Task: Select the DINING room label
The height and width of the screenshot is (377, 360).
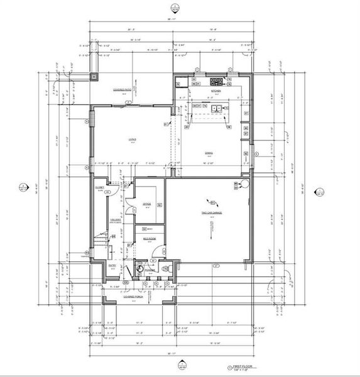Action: (x=209, y=151)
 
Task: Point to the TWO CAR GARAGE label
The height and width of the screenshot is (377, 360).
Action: (x=209, y=213)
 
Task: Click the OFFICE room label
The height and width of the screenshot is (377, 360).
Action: (x=146, y=204)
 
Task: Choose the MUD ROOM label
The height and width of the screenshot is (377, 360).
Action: (x=149, y=239)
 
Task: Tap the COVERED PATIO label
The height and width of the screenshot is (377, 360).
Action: (x=122, y=90)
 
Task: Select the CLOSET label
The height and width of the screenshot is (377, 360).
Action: (x=99, y=187)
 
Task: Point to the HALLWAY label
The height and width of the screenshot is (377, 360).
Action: (x=116, y=219)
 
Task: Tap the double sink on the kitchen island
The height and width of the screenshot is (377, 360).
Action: (x=217, y=108)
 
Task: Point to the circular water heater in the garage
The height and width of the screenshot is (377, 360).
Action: (x=244, y=184)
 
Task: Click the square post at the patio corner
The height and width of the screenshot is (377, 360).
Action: (x=94, y=77)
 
